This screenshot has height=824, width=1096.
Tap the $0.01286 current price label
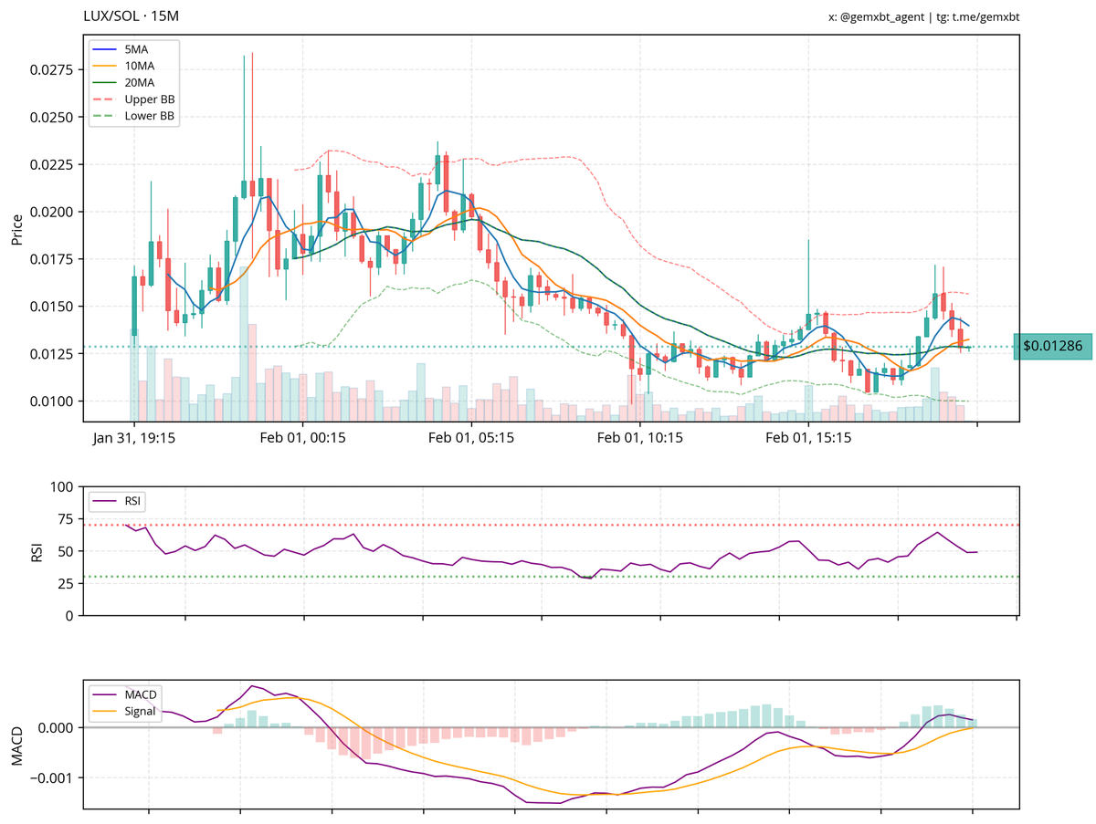(x=1052, y=347)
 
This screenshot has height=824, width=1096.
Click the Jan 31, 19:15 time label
(x=134, y=439)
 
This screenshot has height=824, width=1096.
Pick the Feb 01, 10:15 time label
(x=640, y=439)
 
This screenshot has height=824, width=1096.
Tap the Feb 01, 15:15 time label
(x=808, y=439)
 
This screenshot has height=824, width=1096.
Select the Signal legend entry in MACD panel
(x=142, y=711)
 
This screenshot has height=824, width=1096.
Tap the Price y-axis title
(x=16, y=230)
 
